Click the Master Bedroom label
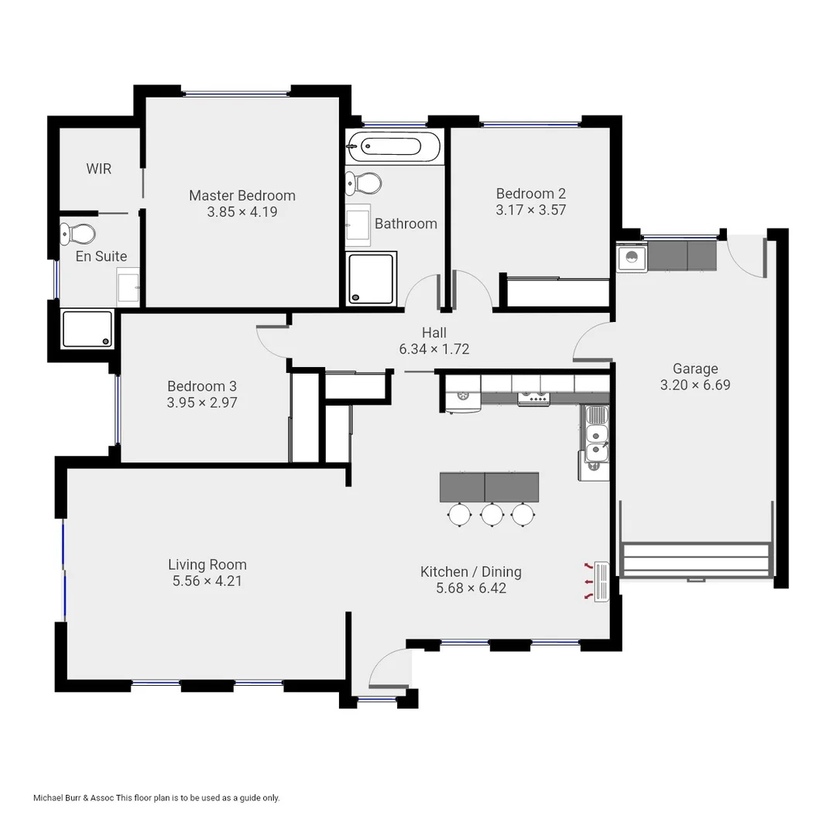tap(242, 195)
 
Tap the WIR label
tap(98, 169)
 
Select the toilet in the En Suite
tap(78, 232)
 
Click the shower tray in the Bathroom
tap(372, 278)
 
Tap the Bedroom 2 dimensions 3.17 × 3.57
tap(526, 209)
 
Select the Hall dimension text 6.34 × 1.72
tap(433, 349)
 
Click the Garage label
tap(694, 368)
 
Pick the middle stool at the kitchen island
tap(492, 514)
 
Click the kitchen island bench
tap(489, 487)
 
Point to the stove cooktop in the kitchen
tap(533, 398)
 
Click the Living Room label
tap(207, 564)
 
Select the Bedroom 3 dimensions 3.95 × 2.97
tap(201, 403)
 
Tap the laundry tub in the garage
tap(632, 258)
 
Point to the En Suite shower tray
tap(87, 329)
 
